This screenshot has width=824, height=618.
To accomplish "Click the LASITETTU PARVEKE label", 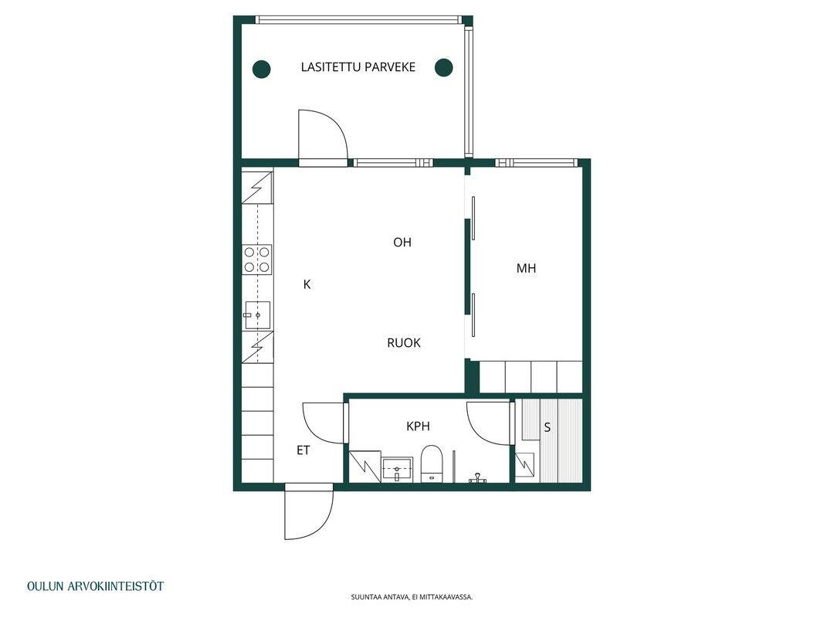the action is point(358,67).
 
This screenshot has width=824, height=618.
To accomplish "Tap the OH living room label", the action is point(402,243).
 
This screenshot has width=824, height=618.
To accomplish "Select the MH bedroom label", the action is point(526,268).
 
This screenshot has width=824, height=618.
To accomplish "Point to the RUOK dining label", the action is point(404,343).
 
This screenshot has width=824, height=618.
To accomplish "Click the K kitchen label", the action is point(307,284).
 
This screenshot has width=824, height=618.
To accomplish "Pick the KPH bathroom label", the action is point(419,426).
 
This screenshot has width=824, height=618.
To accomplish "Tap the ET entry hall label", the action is point(303,450).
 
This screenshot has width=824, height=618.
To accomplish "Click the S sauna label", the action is point(547,427).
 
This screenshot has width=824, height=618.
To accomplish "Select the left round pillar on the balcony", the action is point(261,69).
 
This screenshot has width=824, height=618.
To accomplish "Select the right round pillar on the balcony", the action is point(444,67).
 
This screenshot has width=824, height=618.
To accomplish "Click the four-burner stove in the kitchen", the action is point(257,260).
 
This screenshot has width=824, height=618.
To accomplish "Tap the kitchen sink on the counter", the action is point(257,314).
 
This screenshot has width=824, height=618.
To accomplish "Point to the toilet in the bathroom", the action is point(432,463).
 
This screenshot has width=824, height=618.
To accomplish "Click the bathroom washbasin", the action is point(397,469).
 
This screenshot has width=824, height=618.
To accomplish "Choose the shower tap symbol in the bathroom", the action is point(477,477).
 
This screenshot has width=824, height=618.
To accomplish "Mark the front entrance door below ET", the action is point(308,512).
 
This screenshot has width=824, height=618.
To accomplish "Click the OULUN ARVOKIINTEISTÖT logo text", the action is point(95,586).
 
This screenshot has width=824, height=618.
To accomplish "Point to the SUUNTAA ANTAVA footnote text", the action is point(412,597).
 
